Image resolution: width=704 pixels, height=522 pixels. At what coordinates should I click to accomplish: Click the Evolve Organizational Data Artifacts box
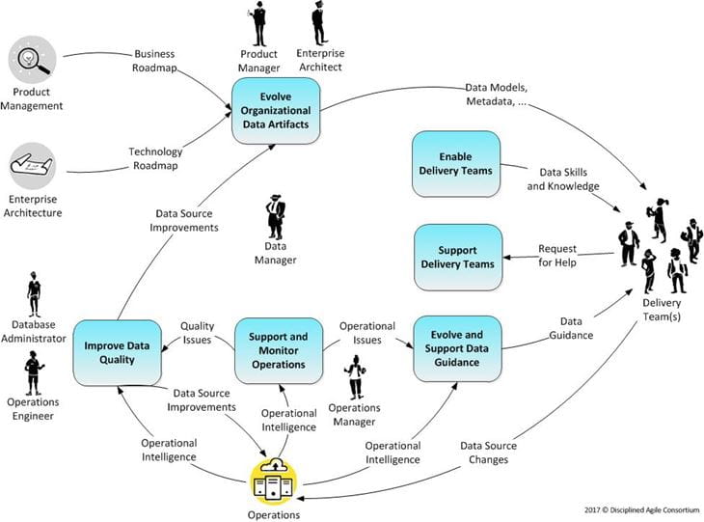click(x=276, y=112)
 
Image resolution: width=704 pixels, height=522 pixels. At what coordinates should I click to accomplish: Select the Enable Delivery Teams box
click(x=455, y=163)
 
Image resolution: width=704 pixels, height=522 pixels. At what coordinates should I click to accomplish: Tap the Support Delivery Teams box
click(x=458, y=257)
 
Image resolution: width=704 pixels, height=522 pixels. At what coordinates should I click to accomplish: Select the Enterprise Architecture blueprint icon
click(x=33, y=166)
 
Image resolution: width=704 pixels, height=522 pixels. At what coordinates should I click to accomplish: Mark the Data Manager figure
click(x=276, y=217)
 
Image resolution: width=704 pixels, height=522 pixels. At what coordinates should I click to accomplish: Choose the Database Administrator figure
click(x=35, y=294)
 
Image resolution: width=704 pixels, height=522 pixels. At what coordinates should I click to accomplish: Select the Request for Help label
click(x=556, y=256)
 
